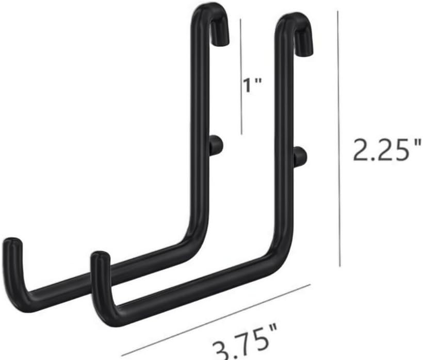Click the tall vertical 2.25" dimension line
pyautogui.click(x=339, y=139)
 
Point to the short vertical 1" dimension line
pyautogui.click(x=241, y=77)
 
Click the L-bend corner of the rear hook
pyautogui.click(x=199, y=237)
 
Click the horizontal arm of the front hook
pyautogui.click(x=196, y=289)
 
